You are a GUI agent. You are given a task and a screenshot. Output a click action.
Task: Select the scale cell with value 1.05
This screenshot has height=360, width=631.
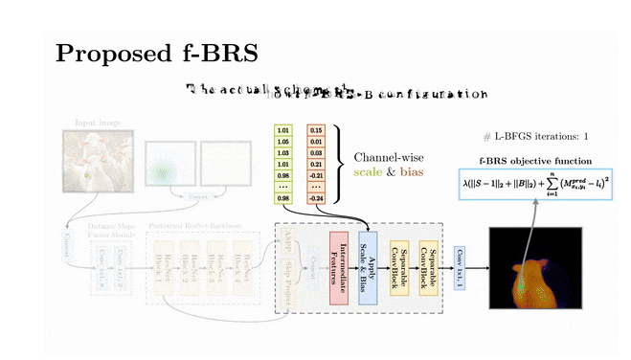click(282, 140)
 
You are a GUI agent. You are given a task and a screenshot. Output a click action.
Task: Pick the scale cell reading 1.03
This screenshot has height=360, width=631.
click(282, 151)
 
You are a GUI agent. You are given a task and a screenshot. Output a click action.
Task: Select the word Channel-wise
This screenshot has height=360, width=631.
click(389, 156)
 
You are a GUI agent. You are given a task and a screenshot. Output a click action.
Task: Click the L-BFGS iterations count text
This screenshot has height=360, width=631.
click(536, 137)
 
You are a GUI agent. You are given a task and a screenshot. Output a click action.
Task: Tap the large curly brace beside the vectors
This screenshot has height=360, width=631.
click(341, 163)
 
